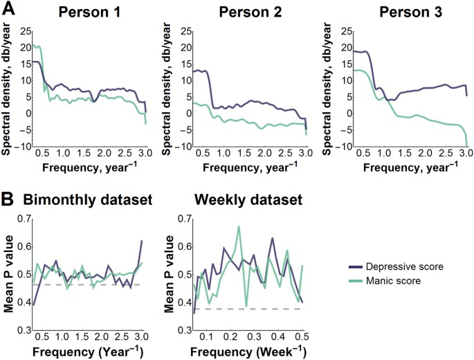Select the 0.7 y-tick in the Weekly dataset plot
click(183, 219)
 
